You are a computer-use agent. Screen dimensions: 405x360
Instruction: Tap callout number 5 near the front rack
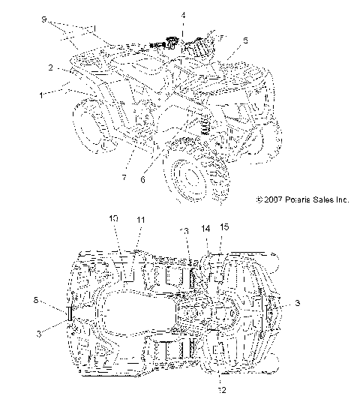[x=245, y=40]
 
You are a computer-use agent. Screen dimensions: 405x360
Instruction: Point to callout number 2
[x=49, y=67]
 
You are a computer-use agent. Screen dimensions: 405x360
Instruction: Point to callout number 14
[x=206, y=226]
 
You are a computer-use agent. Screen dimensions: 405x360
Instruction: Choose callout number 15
[x=223, y=226]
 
